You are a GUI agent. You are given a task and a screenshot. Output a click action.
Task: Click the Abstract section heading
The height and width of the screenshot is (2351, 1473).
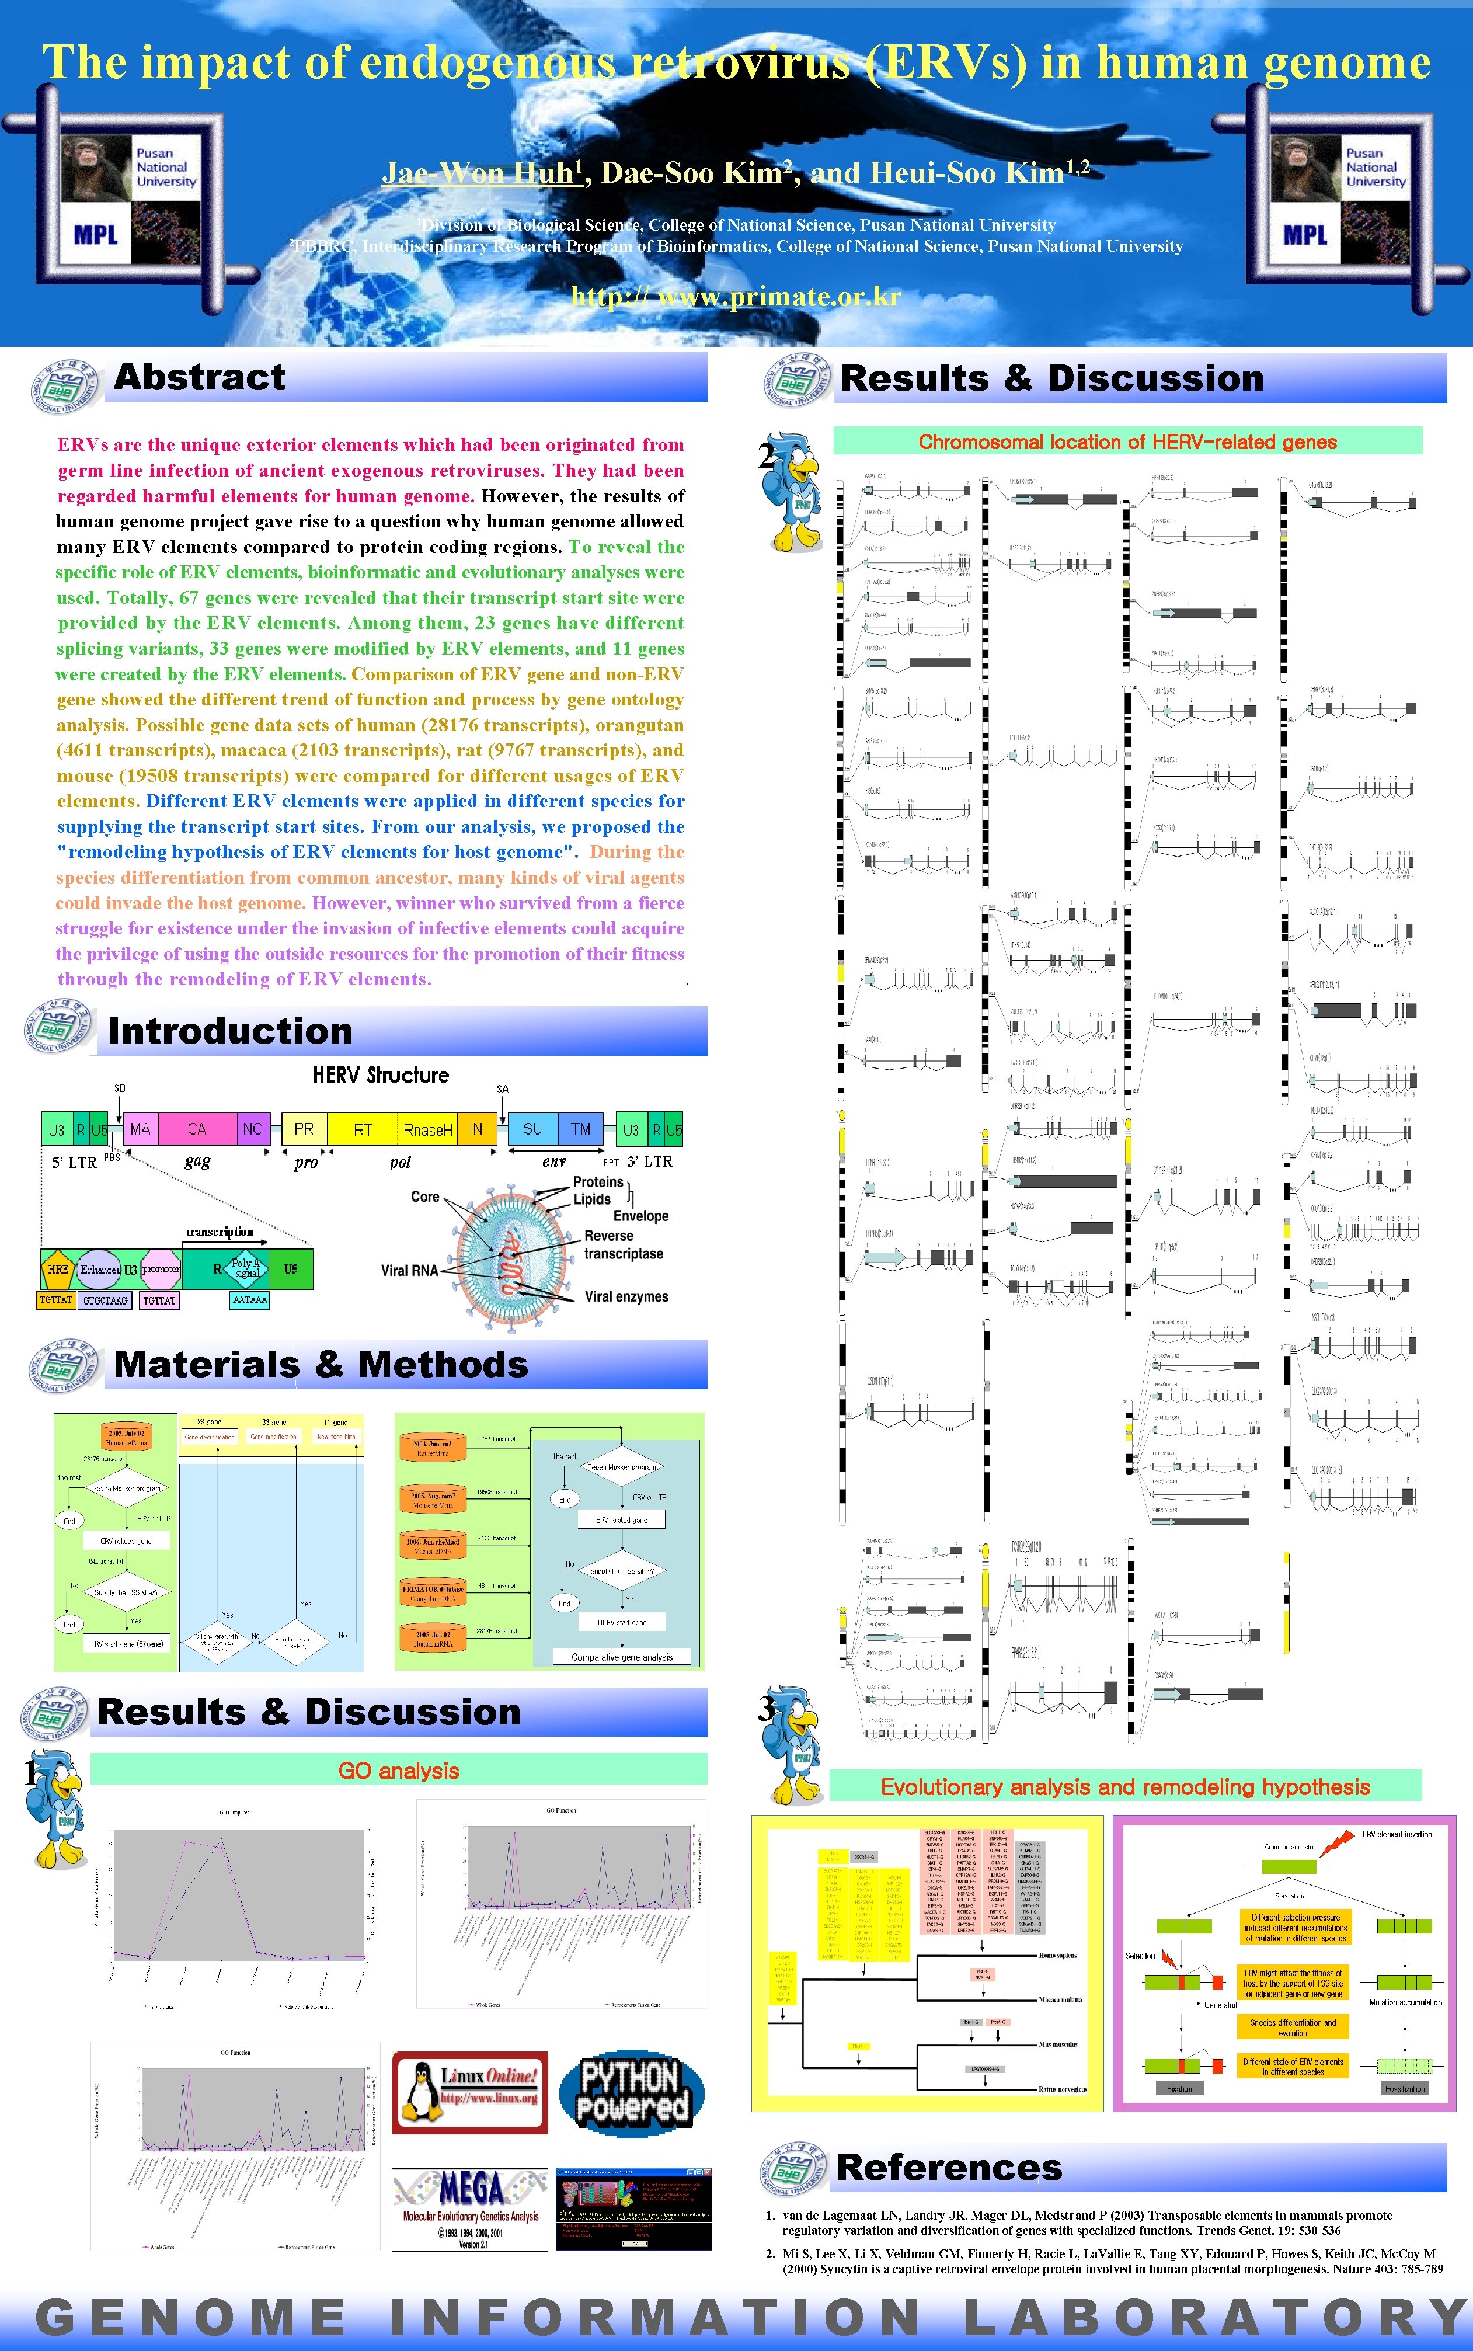tap(200, 377)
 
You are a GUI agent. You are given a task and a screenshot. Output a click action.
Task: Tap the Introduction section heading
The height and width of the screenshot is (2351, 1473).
tap(230, 1031)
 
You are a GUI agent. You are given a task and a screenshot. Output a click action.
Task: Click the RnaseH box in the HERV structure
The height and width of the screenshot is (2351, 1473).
tap(428, 1129)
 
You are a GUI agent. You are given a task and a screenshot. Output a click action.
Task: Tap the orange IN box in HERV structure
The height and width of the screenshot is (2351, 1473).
tap(476, 1129)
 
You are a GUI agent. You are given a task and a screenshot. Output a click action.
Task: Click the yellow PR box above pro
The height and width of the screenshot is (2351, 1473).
tap(304, 1129)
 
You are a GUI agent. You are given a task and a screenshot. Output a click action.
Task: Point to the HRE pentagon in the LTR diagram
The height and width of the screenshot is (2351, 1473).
tap(57, 1268)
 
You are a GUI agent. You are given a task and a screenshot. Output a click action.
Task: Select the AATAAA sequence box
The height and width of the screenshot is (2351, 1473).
tap(249, 1300)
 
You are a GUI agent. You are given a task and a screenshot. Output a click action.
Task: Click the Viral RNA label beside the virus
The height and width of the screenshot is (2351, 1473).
tap(409, 1271)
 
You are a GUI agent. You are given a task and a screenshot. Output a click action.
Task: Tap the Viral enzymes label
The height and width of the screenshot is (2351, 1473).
tap(626, 1297)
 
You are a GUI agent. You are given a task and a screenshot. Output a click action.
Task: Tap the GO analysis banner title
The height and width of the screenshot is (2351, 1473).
tap(398, 1771)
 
